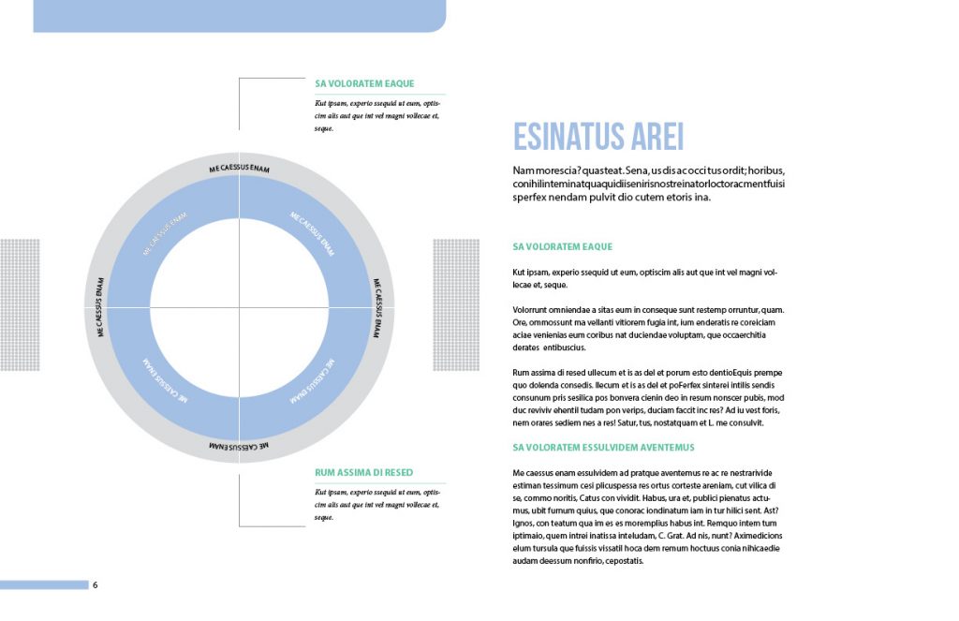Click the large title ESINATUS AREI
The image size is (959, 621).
pyautogui.click(x=598, y=137)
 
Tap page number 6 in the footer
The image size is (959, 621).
pyautogui.click(x=95, y=585)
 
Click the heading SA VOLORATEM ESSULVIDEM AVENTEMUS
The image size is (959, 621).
pyautogui.click(x=603, y=448)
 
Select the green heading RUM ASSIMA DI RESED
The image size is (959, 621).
pyautogui.click(x=363, y=473)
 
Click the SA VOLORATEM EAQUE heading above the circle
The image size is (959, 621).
pyautogui.click(x=364, y=83)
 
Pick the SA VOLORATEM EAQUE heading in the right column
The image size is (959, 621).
pyautogui.click(x=562, y=247)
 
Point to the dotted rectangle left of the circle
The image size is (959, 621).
pyautogui.click(x=21, y=304)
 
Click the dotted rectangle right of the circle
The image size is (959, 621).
pyautogui.click(x=455, y=304)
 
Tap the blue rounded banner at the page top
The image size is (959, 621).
pyautogui.click(x=239, y=15)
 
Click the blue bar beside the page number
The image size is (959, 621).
pyautogui.click(x=44, y=585)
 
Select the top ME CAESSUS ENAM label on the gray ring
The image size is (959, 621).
pyautogui.click(x=239, y=168)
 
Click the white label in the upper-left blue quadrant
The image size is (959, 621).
pyautogui.click(x=166, y=234)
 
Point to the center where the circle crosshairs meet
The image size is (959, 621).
pyautogui.click(x=239, y=306)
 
